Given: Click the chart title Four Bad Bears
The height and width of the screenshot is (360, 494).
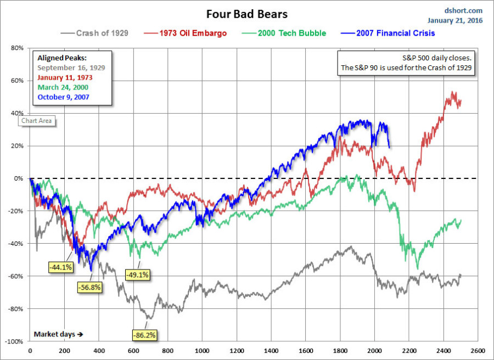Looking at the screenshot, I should (246, 14).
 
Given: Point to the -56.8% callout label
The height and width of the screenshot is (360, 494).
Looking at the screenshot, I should (88, 287).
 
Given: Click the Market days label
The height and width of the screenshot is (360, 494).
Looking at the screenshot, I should (58, 334).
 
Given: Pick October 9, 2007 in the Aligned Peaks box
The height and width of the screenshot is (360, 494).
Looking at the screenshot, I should (64, 97).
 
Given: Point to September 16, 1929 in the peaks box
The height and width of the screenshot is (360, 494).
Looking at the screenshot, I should (71, 67).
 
